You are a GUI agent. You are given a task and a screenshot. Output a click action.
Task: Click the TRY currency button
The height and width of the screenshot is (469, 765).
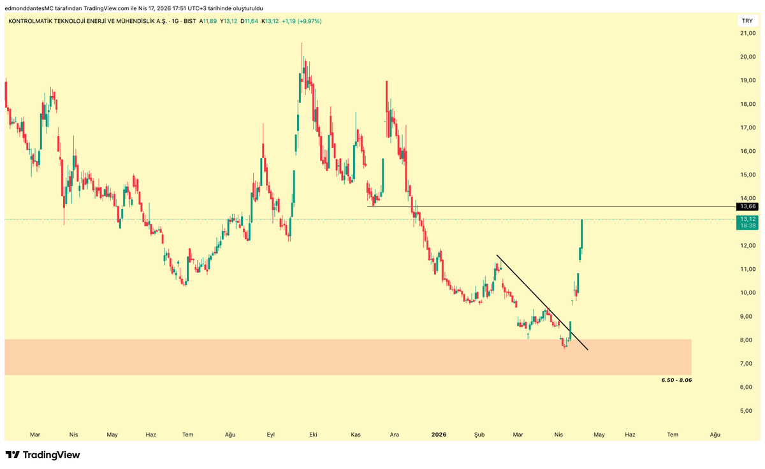pyautogui.click(x=747, y=21)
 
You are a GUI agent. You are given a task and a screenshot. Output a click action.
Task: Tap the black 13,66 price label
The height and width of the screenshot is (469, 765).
pyautogui.click(x=747, y=206)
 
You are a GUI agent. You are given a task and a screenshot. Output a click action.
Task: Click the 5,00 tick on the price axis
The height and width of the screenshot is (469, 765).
pyautogui.click(x=747, y=411)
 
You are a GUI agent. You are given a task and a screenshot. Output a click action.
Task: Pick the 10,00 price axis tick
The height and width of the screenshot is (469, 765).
pyautogui.click(x=747, y=293)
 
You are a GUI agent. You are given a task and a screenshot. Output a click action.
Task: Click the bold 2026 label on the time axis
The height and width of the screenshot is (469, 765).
pyautogui.click(x=439, y=435)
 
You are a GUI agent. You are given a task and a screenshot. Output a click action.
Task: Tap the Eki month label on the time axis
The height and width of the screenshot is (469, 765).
pyautogui.click(x=313, y=435)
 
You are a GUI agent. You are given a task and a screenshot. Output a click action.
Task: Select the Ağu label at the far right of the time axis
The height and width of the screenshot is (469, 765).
pyautogui.click(x=715, y=435)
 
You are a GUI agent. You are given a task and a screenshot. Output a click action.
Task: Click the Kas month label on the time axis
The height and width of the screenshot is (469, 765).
pyautogui.click(x=356, y=435)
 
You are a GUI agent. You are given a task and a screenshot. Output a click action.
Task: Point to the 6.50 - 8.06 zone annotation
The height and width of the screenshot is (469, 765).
pyautogui.click(x=676, y=380)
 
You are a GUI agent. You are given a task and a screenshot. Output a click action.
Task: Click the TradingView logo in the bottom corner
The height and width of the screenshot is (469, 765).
pyautogui.click(x=43, y=455)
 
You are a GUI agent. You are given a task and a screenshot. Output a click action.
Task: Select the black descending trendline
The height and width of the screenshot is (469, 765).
pyautogui.click(x=542, y=303)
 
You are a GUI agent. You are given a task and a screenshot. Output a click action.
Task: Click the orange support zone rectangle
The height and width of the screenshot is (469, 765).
pyautogui.click(x=319, y=357)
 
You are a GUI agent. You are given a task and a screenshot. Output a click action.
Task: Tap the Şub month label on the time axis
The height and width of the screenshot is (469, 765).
pyautogui.click(x=479, y=435)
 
